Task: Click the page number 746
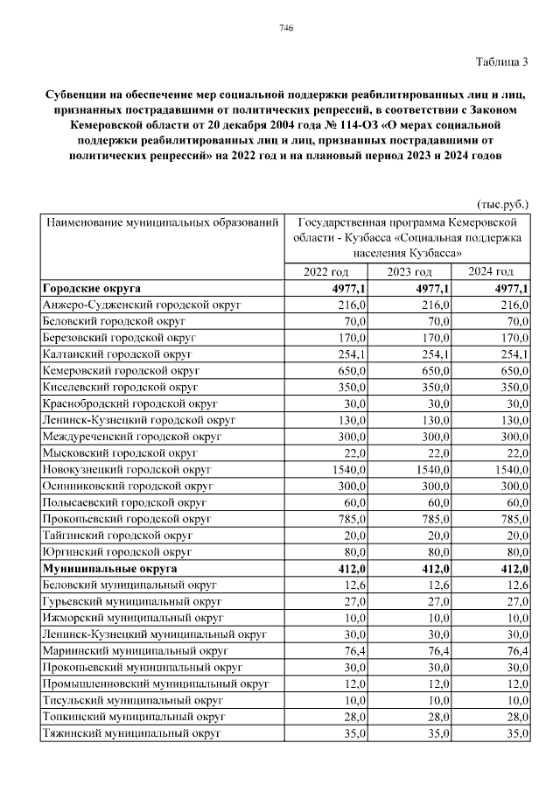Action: [x=285, y=28]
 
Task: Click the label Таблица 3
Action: [x=501, y=61]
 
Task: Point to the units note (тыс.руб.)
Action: [x=502, y=204]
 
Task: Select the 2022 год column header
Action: [x=325, y=271]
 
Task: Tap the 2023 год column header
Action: [x=409, y=271]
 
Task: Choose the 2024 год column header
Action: [x=491, y=271]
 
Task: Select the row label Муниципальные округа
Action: [x=109, y=568]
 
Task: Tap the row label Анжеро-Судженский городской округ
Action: [x=141, y=305]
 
